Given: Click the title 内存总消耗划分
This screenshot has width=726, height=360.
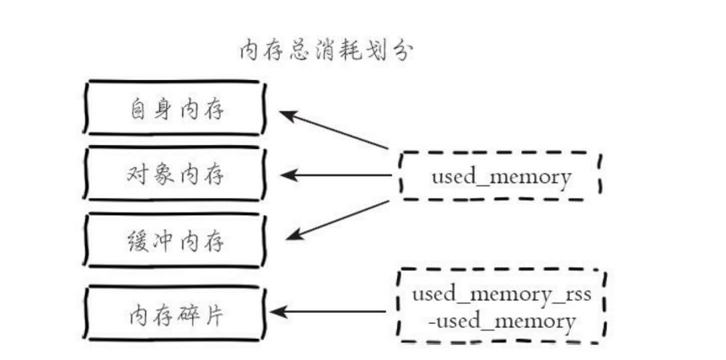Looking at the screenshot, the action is (325, 51).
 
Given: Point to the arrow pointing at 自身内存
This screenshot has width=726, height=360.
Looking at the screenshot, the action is (333, 130).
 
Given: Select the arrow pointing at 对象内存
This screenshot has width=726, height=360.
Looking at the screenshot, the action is (336, 175).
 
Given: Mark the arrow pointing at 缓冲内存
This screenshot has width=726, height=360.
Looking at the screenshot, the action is (337, 220).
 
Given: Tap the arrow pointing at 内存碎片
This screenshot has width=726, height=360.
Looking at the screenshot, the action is (328, 311).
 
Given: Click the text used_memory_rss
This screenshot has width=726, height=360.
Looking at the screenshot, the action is (502, 295).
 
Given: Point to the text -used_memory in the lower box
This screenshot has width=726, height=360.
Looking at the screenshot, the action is (503, 320).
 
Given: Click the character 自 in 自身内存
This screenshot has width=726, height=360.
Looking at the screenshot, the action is (137, 110).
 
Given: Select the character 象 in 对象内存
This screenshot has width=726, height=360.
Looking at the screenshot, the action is (163, 175).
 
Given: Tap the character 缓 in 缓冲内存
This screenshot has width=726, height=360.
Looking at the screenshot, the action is (137, 242).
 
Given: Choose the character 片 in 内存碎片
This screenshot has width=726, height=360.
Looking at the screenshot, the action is (213, 315).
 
